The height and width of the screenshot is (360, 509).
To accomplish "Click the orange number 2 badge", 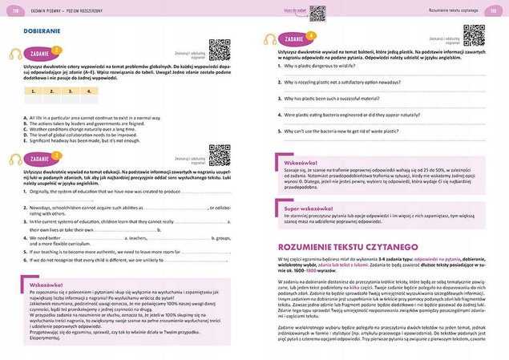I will tap(55, 50).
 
